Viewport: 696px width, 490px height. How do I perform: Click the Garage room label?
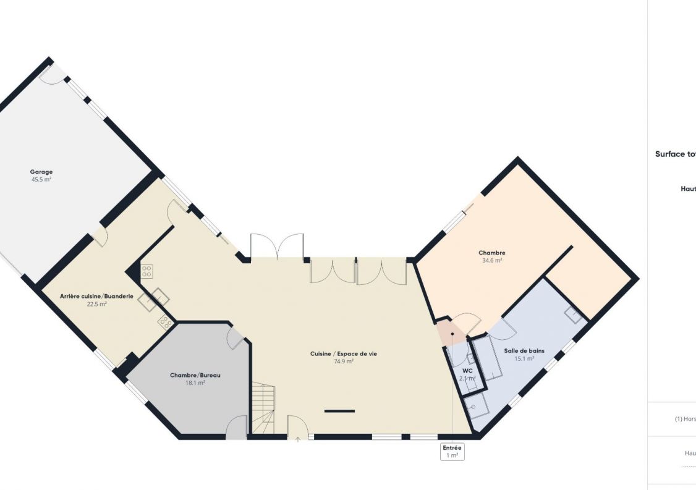[41, 172]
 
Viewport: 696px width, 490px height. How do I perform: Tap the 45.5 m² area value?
[41, 180]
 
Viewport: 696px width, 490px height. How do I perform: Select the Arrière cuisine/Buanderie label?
[96, 297]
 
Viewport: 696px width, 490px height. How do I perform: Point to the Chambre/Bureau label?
[195, 375]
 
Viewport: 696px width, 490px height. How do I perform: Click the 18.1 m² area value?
[195, 383]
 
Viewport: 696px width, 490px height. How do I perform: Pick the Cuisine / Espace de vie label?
[344, 354]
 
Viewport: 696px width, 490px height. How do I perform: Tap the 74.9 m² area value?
[344, 362]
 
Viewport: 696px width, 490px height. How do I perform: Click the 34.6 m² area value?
[492, 261]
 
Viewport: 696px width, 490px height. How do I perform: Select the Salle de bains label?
[524, 350]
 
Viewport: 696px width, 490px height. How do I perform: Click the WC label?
[467, 371]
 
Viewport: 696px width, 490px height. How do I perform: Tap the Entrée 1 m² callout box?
[452, 452]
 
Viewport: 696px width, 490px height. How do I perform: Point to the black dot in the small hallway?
[452, 334]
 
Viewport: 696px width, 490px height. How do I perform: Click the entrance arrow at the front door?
[297, 439]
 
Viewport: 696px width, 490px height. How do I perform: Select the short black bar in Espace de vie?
[339, 411]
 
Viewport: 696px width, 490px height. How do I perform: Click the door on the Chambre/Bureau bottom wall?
[236, 428]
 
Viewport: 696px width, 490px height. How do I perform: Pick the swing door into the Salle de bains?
[501, 329]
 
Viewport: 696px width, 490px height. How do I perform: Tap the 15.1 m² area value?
[524, 358]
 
